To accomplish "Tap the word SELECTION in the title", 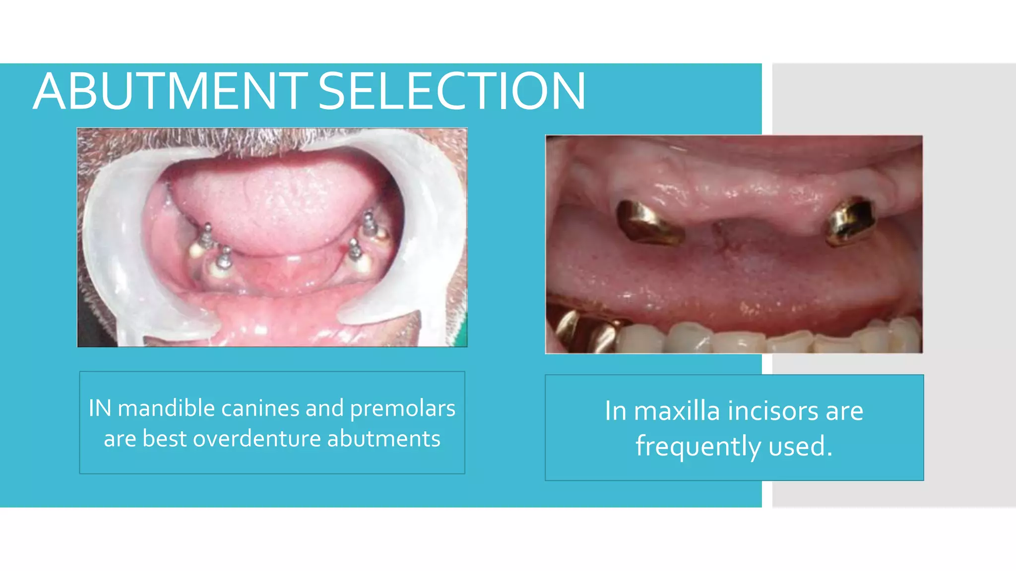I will point(451,91).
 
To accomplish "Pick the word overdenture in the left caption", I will point(257,439).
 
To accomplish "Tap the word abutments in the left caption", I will point(383,439).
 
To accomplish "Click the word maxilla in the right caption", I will point(677,411).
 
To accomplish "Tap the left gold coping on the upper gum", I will point(647,224).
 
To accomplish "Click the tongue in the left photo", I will point(278,203).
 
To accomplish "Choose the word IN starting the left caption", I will point(100,408).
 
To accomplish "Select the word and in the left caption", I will point(324,408).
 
